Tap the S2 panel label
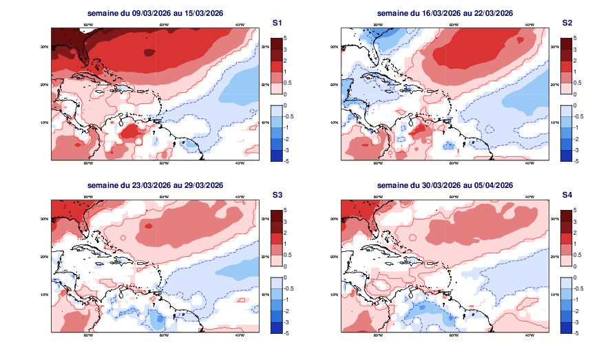point(567,23)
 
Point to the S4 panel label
point(567,195)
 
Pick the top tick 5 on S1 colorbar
point(286,39)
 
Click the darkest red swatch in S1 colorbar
point(276,44)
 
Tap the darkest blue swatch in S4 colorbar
point(566,327)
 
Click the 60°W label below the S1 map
point(164,164)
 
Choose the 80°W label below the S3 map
point(88,336)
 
